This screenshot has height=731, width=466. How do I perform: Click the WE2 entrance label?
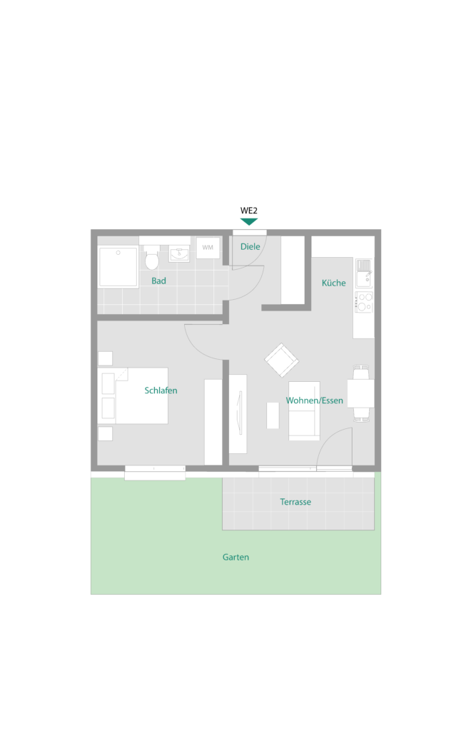249,211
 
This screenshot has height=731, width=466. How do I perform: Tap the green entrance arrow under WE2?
249,222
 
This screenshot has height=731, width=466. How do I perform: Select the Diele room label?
250,246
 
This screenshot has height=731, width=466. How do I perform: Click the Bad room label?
158,281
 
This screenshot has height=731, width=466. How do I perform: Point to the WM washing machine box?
208,248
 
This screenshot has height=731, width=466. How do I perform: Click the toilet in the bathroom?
152,258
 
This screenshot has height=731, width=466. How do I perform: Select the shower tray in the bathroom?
118,267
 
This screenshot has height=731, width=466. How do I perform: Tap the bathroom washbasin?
179,254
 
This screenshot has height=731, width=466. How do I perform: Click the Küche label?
334,283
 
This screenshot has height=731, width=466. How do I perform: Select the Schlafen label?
161,390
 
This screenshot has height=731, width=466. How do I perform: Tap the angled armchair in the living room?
281,360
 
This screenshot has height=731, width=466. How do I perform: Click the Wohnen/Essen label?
315,400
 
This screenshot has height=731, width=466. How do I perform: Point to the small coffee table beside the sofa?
273,415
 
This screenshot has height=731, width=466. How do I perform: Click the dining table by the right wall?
360,393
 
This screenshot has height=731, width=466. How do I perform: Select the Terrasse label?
295,502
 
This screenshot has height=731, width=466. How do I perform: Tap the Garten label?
235,557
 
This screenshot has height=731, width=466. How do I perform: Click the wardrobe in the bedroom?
213,422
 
